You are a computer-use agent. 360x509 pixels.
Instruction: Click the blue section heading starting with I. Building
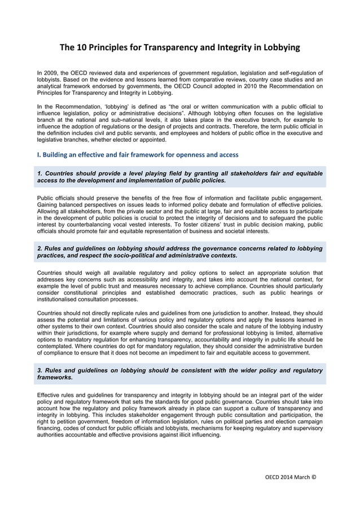point(138,154)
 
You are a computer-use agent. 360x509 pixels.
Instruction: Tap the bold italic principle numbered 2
point(179,252)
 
